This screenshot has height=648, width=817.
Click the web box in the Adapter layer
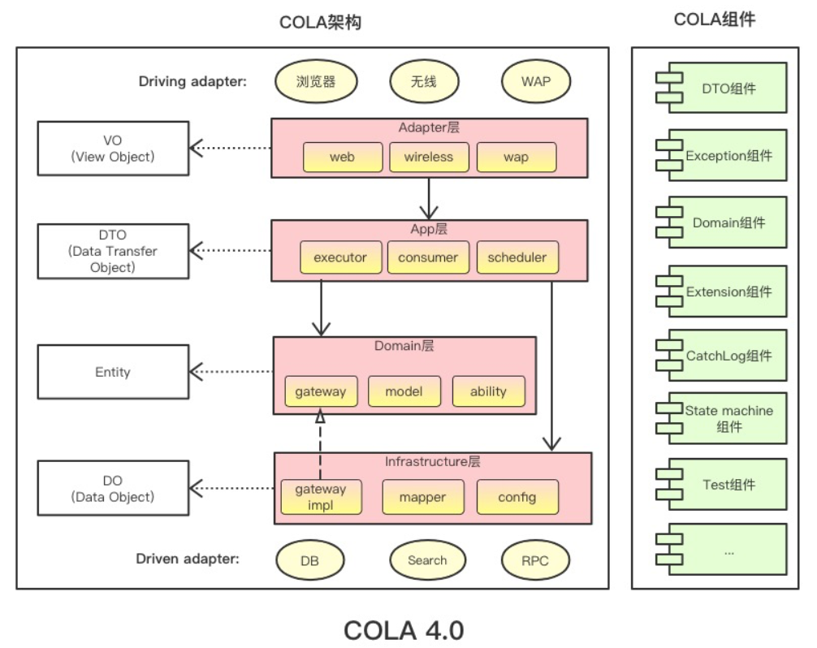342,158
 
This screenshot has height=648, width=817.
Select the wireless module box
429,158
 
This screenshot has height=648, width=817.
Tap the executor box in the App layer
340,257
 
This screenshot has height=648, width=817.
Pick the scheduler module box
517,257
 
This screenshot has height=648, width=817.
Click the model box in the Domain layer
404,391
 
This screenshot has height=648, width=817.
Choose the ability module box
488,391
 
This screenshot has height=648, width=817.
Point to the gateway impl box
320,497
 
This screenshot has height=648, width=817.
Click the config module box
517,497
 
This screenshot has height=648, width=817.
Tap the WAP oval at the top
535,81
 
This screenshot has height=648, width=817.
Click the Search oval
427,559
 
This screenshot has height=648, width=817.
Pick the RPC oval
535,559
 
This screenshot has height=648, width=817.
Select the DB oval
309,559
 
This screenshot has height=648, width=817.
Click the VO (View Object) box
113,148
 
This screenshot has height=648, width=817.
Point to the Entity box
113,372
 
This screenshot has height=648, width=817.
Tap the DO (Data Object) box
113,488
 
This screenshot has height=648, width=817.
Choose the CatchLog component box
721,355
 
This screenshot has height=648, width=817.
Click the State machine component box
721,418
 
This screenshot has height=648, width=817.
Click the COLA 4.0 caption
404,629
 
